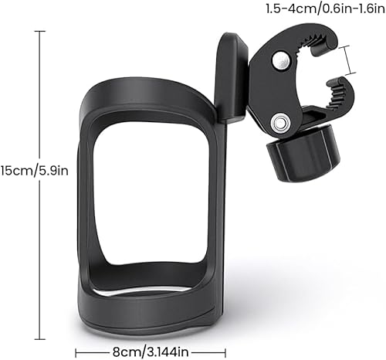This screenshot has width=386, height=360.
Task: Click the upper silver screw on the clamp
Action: tap(283, 59)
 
